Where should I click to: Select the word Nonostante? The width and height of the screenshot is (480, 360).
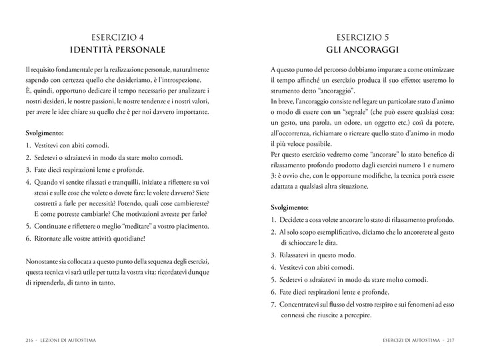pyautogui.click(x=44, y=260)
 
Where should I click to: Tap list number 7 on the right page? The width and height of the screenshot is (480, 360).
pyautogui.click(x=273, y=303)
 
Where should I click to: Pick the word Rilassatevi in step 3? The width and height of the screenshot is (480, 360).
pyautogui.click(x=300, y=255)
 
